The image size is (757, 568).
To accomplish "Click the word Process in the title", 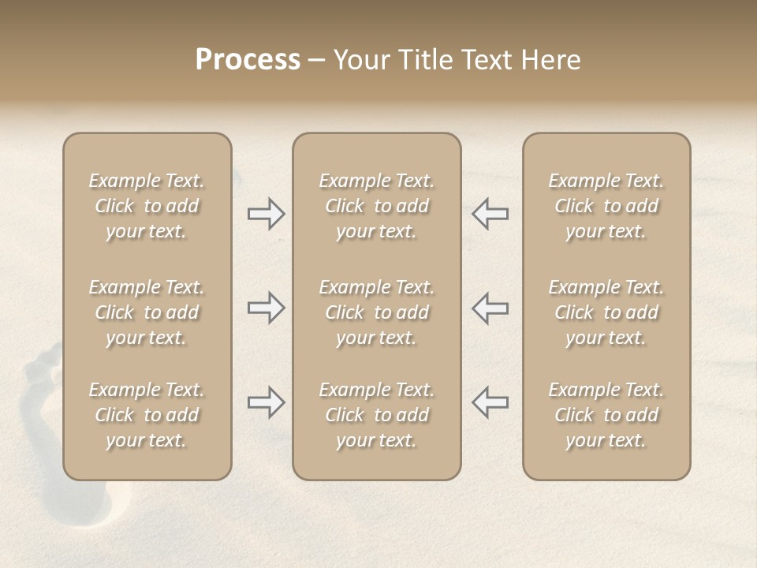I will click(248, 60).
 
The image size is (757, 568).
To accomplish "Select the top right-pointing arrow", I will click(266, 214).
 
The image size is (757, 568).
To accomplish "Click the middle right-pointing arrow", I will click(266, 308).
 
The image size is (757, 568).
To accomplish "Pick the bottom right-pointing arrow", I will click(266, 402).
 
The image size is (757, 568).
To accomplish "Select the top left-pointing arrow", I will click(490, 214).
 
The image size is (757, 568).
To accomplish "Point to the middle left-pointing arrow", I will click(490, 308).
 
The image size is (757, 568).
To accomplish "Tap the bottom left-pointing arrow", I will click(490, 402).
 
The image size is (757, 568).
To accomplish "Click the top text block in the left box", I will click(147, 206).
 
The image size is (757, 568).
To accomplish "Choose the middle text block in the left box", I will click(147, 312).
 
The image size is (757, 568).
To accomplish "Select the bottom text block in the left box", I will click(147, 415).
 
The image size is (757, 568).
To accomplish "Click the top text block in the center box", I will click(377, 206).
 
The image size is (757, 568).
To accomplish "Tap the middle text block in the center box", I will click(377, 312).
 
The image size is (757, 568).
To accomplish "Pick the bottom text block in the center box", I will click(377, 415).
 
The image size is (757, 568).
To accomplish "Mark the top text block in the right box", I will click(606, 206).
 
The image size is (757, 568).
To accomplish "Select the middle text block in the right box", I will click(606, 312).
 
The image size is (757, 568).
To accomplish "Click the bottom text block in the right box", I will click(606, 415).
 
